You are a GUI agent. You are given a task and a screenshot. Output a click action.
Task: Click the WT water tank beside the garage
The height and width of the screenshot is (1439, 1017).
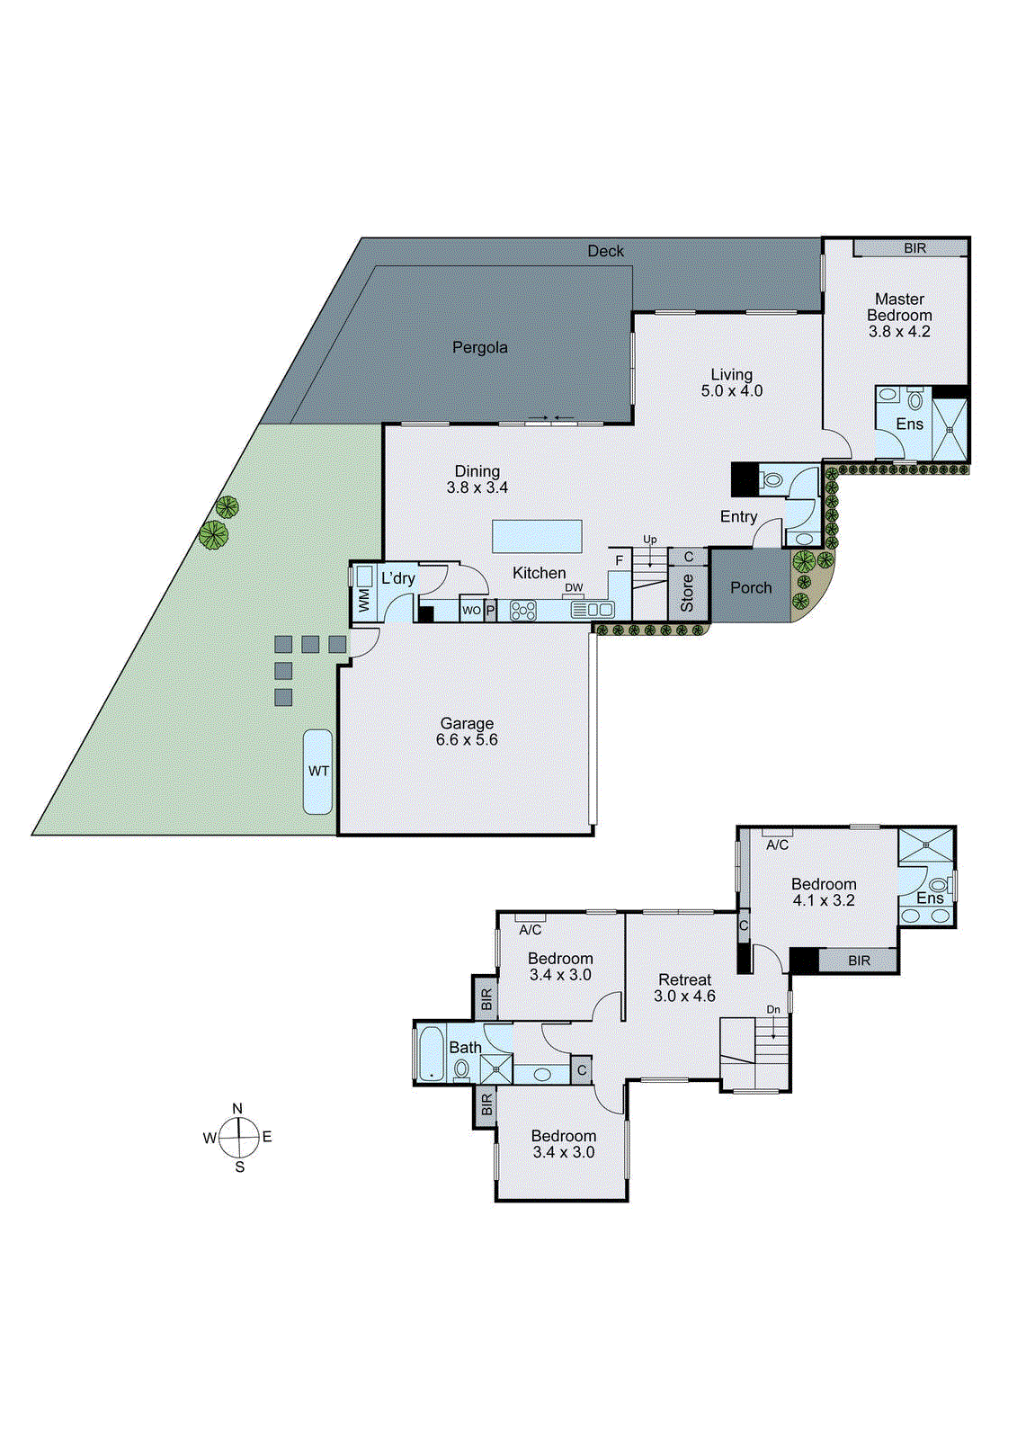click(x=317, y=772)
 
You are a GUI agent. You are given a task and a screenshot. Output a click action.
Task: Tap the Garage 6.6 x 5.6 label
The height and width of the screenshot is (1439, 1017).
click(x=467, y=731)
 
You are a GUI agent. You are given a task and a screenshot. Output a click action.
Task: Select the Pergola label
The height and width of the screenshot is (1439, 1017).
click(x=479, y=347)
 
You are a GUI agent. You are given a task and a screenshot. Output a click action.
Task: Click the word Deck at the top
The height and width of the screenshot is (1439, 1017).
click(x=605, y=251)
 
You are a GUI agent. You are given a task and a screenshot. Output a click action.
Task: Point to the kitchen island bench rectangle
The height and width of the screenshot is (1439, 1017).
click(x=537, y=537)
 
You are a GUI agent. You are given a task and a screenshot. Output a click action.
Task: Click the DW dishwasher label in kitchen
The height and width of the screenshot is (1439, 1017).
click(x=574, y=588)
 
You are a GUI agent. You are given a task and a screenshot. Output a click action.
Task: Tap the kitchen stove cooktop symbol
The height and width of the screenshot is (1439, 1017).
click(x=522, y=611)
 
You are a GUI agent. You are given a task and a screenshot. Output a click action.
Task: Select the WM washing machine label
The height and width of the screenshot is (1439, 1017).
click(x=364, y=602)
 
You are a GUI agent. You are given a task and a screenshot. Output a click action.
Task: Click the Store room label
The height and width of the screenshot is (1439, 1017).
click(x=688, y=593)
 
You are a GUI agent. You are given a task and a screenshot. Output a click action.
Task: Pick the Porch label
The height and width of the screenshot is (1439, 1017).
click(x=751, y=587)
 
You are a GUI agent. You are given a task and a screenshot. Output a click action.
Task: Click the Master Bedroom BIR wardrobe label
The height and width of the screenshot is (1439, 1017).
click(x=914, y=248)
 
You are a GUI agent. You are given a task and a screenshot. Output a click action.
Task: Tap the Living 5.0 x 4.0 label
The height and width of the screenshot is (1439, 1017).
click(x=731, y=382)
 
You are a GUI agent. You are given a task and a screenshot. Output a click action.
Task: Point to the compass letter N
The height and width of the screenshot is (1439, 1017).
click(x=237, y=1109)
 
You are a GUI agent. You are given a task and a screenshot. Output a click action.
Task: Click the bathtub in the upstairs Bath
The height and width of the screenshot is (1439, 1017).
click(x=431, y=1053)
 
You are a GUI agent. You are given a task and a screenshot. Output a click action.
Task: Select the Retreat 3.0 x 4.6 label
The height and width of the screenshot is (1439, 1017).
click(x=684, y=988)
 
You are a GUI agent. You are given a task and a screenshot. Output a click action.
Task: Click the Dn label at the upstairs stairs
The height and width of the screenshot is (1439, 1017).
click(x=773, y=1009)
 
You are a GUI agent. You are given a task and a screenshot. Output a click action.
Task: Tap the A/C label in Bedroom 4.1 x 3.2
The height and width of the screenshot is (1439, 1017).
click(x=777, y=845)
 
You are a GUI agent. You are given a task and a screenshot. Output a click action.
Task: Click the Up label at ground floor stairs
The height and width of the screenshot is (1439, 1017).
click(x=649, y=540)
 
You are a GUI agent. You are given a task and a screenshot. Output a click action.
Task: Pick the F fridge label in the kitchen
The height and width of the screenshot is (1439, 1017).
click(x=619, y=560)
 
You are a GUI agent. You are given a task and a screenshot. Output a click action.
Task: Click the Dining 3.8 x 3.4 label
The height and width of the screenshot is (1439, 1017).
click(x=477, y=479)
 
